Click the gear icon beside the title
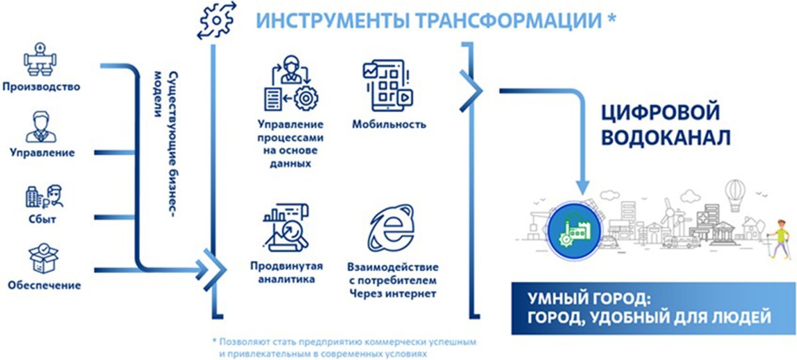(x=217, y=20)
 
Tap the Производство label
(x=41, y=87)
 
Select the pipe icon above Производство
(x=41, y=59)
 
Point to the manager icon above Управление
(x=41, y=127)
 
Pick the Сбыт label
(x=43, y=219)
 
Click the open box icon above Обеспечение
(x=43, y=258)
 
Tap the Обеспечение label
(x=44, y=285)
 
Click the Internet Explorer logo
(x=391, y=228)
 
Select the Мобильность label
(x=389, y=124)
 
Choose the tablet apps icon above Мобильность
(x=387, y=86)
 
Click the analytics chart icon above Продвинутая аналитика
(x=286, y=227)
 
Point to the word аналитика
(x=286, y=279)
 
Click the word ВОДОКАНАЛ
(x=665, y=137)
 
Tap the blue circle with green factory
(x=575, y=230)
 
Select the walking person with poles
(x=780, y=239)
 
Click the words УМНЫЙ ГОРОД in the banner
(x=589, y=299)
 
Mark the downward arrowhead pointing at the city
(x=582, y=187)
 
